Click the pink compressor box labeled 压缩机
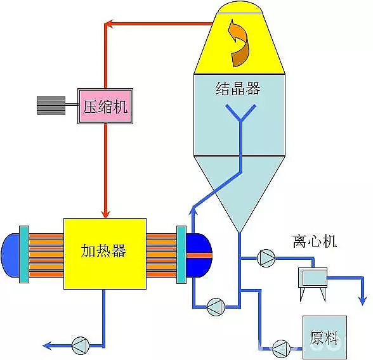[x=105, y=106]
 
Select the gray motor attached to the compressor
[x=51, y=106]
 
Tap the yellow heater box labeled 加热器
[x=105, y=253]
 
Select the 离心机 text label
[x=315, y=241]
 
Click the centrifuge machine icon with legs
[x=313, y=278]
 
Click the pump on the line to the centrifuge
[x=265, y=258]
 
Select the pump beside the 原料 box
[x=280, y=346]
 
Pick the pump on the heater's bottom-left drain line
[x=81, y=345]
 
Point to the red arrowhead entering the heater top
[x=106, y=210]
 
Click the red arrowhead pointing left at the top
[x=109, y=25]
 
